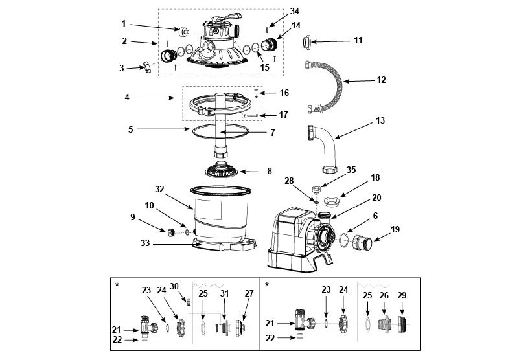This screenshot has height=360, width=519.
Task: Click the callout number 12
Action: point(381,80)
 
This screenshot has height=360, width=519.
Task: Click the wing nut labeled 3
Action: point(146,67)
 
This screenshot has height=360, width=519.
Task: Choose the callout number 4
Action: point(128,98)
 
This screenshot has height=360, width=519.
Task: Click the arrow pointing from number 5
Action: point(159,129)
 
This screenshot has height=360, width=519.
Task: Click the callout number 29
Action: point(402,295)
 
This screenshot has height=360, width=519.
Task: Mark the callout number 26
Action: point(384,295)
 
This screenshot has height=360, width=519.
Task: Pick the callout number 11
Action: point(358,40)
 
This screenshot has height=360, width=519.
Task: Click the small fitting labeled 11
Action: point(306,43)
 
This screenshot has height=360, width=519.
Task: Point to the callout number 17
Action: point(283,115)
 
